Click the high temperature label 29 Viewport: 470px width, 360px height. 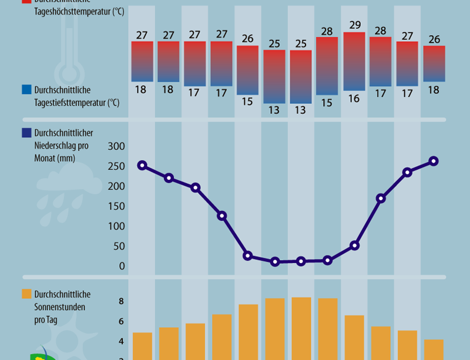point(354,25)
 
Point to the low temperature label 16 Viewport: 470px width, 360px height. point(354,99)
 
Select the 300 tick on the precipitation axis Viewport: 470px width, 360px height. point(117,146)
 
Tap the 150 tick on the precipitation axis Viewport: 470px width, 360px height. point(117,206)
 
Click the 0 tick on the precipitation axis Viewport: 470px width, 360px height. point(122,266)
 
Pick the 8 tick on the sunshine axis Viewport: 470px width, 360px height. point(121,301)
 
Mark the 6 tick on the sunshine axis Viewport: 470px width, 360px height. point(121,321)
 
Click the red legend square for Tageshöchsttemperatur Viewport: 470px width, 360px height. point(26,2)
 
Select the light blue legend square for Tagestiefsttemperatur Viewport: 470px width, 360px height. point(26,90)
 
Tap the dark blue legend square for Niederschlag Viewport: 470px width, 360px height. point(26,133)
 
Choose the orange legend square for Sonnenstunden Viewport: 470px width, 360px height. point(26,294)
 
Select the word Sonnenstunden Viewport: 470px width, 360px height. point(61,307)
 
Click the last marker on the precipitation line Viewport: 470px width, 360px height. point(434,161)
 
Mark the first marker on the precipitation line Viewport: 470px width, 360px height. point(142,166)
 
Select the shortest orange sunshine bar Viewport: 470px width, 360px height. point(434,349)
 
